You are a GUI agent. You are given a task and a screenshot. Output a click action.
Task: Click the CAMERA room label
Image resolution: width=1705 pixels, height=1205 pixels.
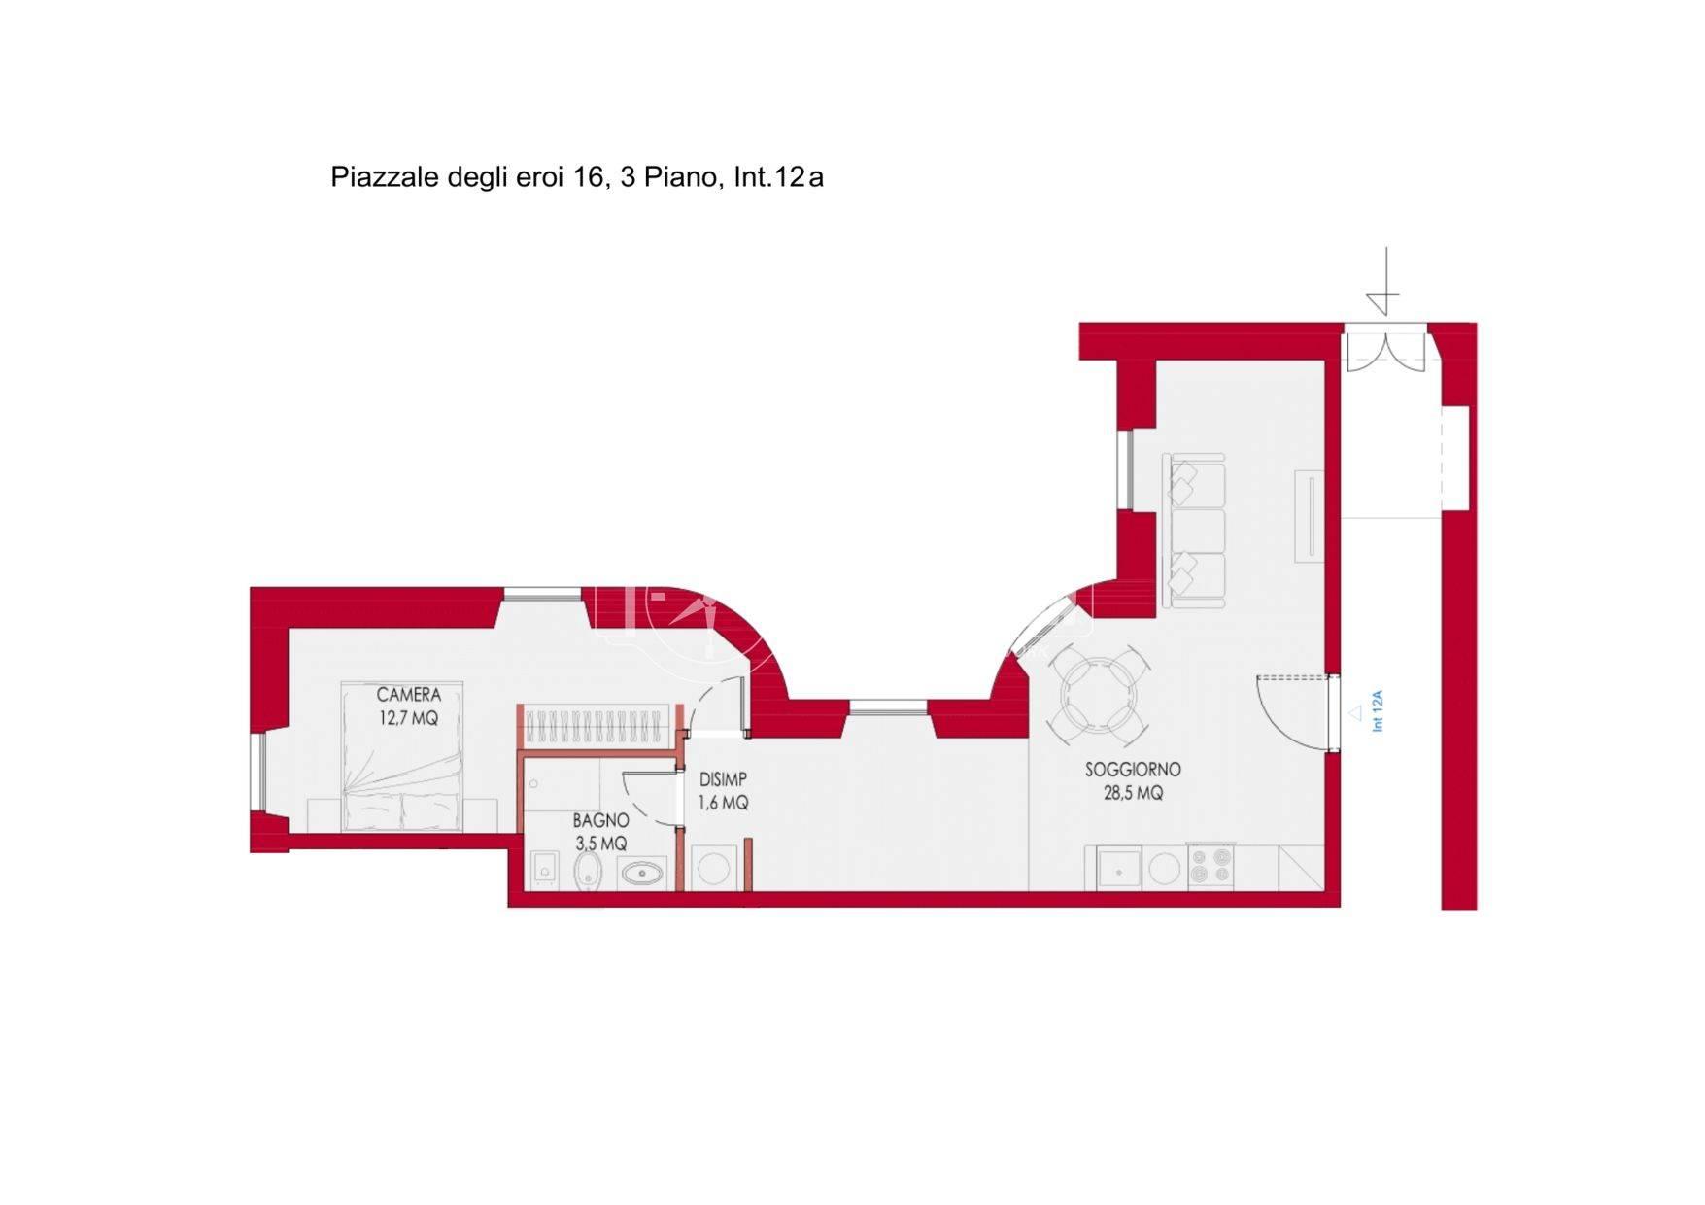408,695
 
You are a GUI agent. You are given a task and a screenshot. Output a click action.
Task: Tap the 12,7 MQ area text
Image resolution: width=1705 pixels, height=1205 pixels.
408,719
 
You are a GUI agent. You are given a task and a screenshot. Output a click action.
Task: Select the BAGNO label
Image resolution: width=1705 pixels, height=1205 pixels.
600,821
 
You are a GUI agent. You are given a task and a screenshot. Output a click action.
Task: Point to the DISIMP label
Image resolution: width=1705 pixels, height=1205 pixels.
723,779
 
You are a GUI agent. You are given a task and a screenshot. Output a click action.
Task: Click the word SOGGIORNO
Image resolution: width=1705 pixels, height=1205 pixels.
1133,770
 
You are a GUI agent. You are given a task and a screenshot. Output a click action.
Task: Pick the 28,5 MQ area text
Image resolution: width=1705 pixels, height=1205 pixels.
1133,793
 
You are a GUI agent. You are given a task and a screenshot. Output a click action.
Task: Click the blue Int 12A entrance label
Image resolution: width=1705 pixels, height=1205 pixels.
1378,710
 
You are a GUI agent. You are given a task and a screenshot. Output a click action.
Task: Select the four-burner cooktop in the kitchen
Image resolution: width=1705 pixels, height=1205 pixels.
1211,866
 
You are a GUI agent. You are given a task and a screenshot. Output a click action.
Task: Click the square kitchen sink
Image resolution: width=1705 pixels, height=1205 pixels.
1119,867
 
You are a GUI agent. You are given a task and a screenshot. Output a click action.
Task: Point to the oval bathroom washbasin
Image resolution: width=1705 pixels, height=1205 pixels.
641,874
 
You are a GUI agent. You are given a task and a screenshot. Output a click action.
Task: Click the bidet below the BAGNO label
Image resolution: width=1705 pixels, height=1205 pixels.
588,871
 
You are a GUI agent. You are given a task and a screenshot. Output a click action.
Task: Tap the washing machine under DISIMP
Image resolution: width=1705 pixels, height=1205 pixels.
714,867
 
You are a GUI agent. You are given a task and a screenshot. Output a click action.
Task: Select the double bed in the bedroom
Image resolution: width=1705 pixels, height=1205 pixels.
401,756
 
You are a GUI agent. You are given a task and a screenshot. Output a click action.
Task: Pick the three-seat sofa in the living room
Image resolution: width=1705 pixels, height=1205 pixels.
1194,531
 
